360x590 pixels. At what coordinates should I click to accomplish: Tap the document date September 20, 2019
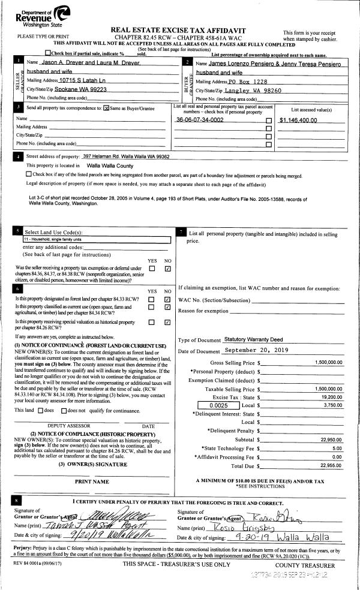pos(259,350)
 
